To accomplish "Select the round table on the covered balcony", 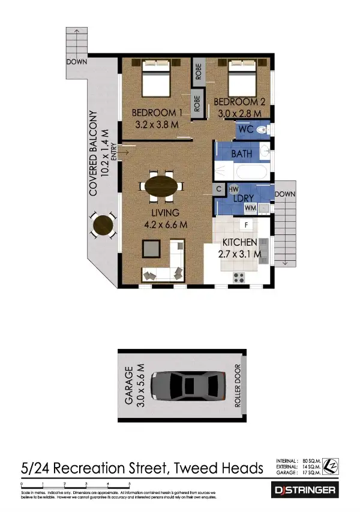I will pos(104,226).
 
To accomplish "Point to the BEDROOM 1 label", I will pos(157,113).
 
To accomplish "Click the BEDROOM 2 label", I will pos(239,102).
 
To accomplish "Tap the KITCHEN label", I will pos(240,242).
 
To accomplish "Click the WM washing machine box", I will pos(250,208).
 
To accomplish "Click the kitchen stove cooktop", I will pos(239,277).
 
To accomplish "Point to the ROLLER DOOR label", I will pos(238,386).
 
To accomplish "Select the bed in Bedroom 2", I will pos(242,79).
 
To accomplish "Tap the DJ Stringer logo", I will pos(305,490).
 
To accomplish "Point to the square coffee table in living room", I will pos(151,248).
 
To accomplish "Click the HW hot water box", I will pos(233,189).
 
